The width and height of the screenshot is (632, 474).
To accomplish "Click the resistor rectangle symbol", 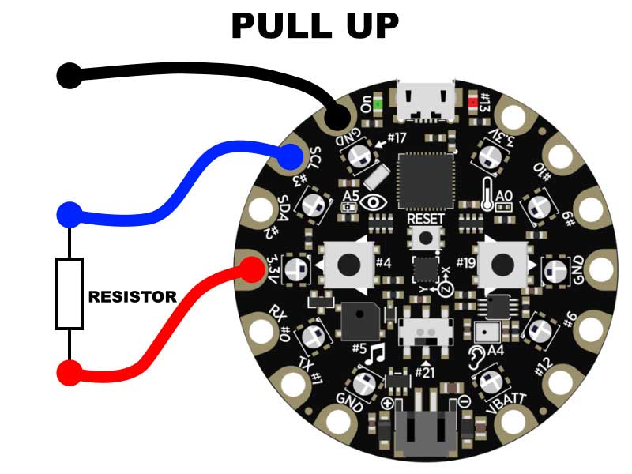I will click(x=70, y=293).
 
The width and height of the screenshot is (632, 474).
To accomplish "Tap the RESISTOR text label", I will click(x=132, y=298).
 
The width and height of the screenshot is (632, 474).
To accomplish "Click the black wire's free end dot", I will click(x=70, y=76).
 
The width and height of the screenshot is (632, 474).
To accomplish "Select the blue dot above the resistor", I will click(x=70, y=214).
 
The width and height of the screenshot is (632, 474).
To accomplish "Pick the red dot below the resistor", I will click(x=70, y=373).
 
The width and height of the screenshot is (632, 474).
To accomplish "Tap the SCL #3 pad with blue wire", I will click(x=292, y=157).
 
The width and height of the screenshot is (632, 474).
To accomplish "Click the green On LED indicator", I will click(x=378, y=103).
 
